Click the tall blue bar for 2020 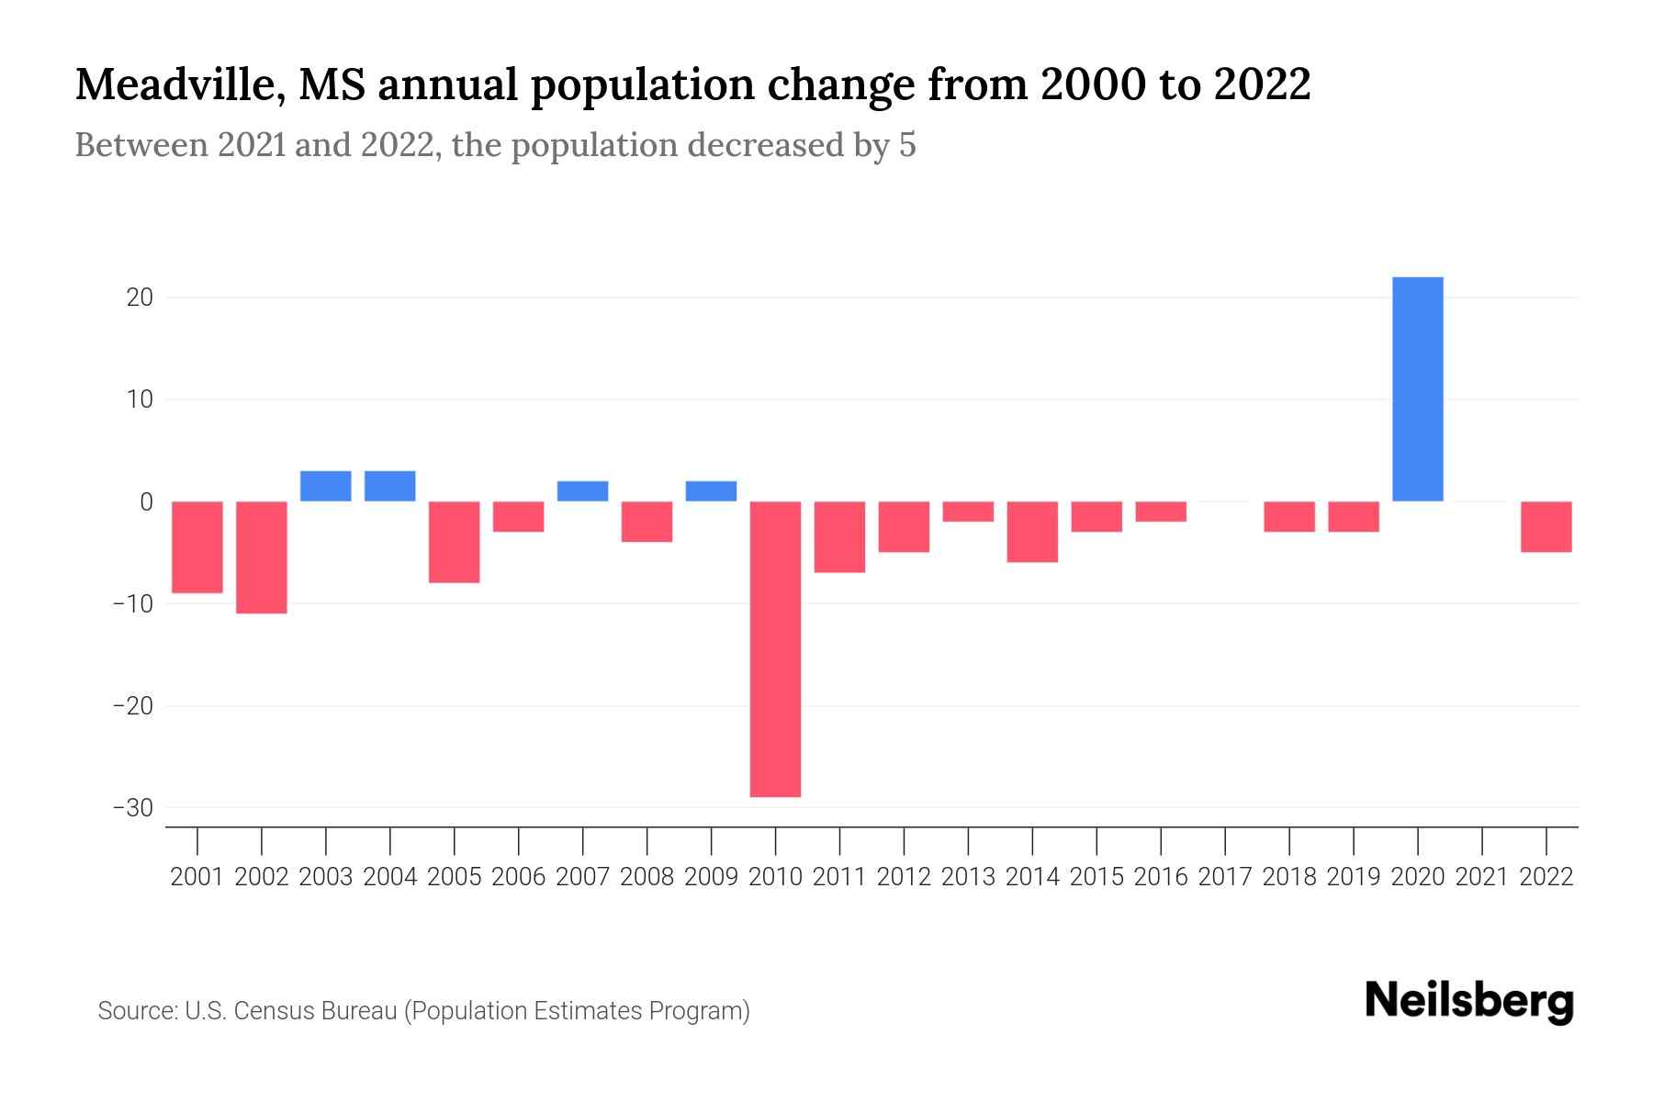click(x=1417, y=389)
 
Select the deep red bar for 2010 click(x=775, y=648)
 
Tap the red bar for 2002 click(x=262, y=557)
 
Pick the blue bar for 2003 click(x=326, y=486)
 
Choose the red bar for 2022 click(x=1546, y=526)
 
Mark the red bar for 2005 click(x=455, y=542)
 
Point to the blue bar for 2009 click(x=711, y=491)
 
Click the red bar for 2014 click(x=1032, y=532)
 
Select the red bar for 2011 click(x=839, y=536)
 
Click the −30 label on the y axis click(x=132, y=808)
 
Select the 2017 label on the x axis click(x=1224, y=877)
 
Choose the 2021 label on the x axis click(x=1481, y=877)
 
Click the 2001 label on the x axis click(x=197, y=877)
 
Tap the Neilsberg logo click(x=1469, y=1002)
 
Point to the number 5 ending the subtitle click(x=907, y=146)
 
